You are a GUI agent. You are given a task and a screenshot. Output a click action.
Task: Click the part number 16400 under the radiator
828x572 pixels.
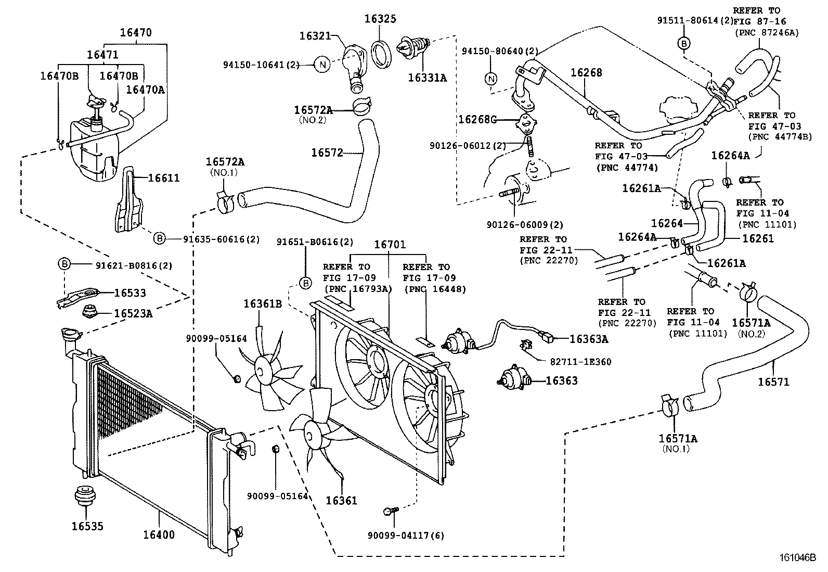159,535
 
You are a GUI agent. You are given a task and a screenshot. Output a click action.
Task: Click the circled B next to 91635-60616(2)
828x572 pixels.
159,239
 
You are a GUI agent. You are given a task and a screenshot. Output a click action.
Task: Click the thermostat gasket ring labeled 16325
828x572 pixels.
384,52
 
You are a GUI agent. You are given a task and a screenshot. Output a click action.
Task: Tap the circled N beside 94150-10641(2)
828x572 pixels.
322,65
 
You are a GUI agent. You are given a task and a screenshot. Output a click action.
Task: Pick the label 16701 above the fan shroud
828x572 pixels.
390,245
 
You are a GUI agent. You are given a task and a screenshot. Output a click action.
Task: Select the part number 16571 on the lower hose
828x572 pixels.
773,382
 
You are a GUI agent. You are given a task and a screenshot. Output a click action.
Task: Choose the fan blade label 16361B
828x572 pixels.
263,304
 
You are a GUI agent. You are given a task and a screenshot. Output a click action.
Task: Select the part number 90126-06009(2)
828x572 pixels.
525,225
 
